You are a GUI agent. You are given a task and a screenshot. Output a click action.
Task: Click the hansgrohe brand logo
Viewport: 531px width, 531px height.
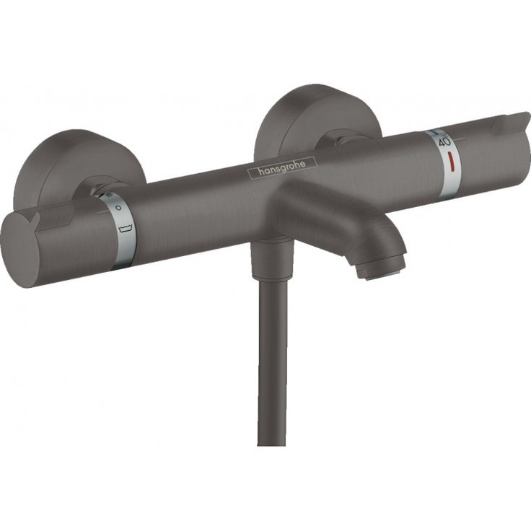(x=277, y=167)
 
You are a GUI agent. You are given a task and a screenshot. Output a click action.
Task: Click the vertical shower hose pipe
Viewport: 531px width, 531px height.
(x=272, y=361)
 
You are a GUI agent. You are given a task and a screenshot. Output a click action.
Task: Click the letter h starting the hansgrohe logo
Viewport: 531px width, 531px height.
(x=253, y=172)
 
